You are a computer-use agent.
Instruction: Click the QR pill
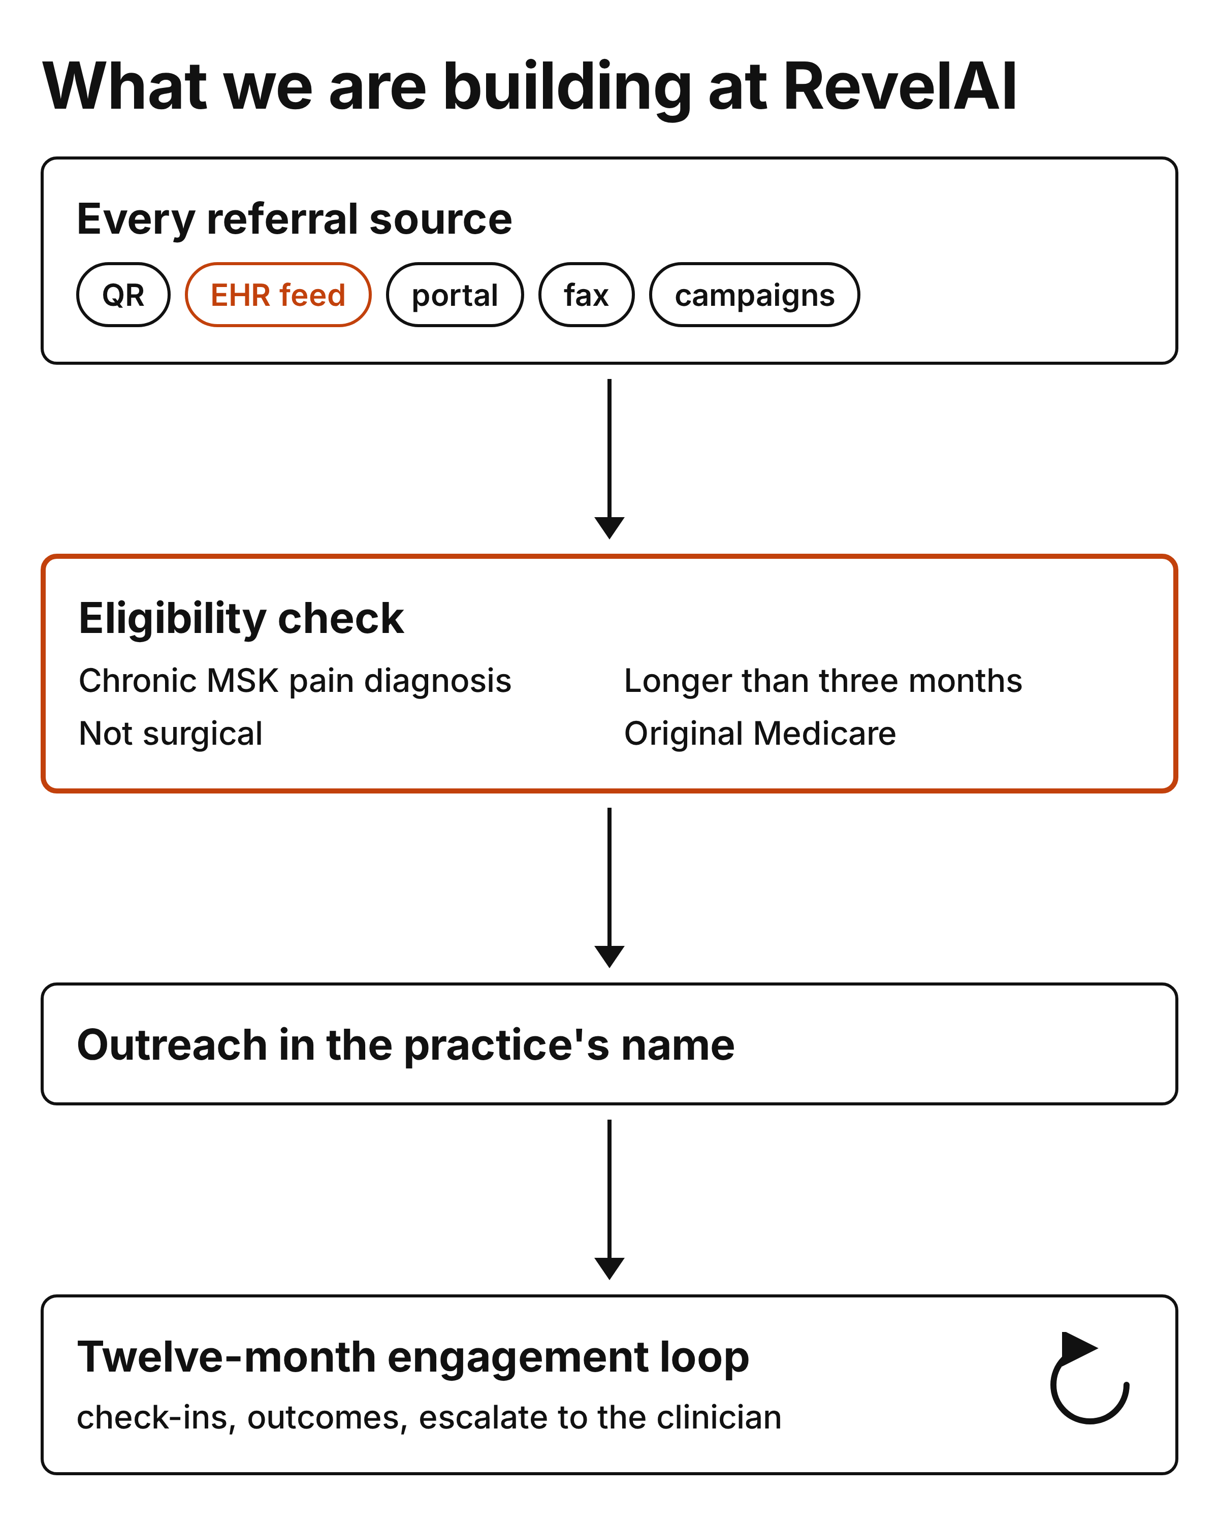123,295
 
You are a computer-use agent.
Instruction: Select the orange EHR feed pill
278,295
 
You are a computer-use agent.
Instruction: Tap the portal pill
455,295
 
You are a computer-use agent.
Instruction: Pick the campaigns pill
754,295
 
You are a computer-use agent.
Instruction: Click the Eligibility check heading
241,619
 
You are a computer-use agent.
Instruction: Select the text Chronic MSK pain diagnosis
295,681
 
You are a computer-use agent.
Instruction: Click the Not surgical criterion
170,734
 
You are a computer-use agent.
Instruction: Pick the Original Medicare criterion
760,734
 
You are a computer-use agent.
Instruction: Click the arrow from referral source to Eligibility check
609,459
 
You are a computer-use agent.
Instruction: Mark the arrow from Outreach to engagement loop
609,1199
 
